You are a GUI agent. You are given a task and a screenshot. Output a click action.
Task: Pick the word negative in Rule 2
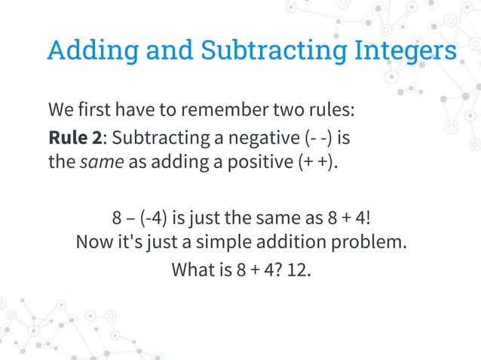(x=259, y=139)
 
